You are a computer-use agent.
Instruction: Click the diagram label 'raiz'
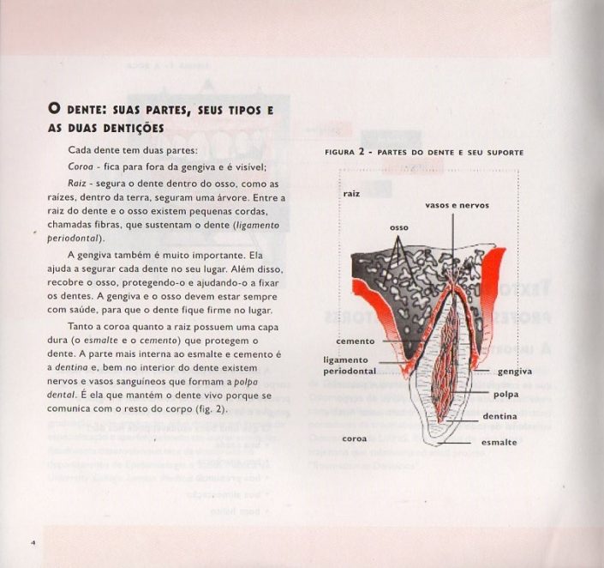[351, 194]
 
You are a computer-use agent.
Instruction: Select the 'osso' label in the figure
[398, 227]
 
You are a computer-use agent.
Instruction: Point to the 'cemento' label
[355, 341]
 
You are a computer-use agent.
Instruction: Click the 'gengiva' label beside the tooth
[514, 372]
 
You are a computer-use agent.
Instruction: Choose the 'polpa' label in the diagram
[505, 395]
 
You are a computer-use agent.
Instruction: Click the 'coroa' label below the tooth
[355, 438]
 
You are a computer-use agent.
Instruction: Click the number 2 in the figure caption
[362, 151]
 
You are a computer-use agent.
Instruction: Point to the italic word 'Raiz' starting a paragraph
[79, 184]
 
